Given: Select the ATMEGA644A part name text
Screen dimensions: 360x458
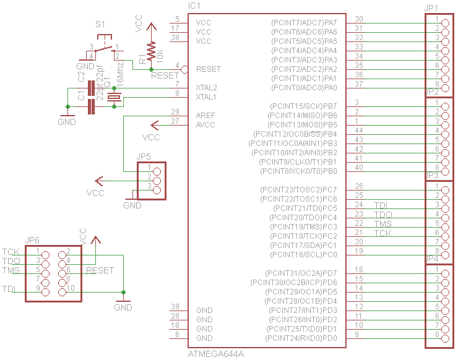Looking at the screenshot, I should pos(216,354).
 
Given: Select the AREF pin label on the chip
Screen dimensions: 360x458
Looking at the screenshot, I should pos(206,116).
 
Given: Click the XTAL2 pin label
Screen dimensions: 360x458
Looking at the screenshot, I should pos(207,88).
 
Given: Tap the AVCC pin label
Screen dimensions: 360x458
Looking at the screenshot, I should pos(206,125).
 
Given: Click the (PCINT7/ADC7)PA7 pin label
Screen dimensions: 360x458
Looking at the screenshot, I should pos(304,23).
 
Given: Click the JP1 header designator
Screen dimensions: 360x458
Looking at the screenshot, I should pos(431,7).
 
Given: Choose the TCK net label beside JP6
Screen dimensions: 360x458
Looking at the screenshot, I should pos(11,252).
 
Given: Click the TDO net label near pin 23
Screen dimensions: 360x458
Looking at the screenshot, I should pos(383,215).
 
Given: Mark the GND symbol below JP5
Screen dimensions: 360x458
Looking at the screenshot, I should pos(132,202).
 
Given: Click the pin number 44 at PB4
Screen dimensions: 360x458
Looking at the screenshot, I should pos(358,130).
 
